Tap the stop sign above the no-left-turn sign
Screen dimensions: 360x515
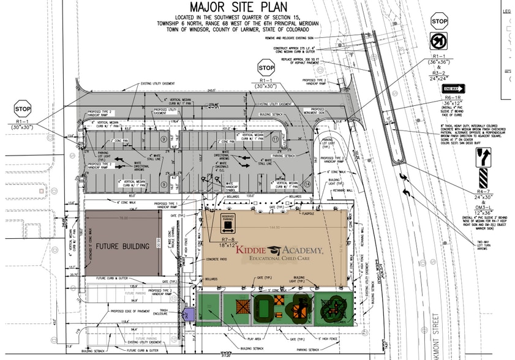(439, 21)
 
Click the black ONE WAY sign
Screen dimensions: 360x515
(451, 89)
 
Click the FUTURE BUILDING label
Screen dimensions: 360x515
(122, 246)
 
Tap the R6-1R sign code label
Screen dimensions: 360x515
(452, 97)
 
